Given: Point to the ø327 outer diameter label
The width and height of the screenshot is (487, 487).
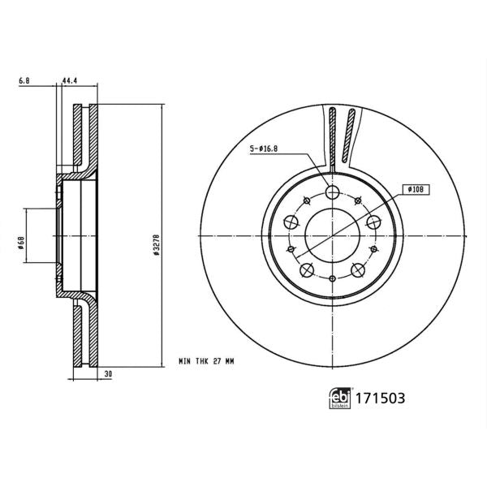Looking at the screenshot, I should tap(153, 243).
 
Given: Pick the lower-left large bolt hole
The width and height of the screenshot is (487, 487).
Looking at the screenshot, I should tap(305, 271).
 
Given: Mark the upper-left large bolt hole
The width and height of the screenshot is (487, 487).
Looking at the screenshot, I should tap(290, 222).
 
